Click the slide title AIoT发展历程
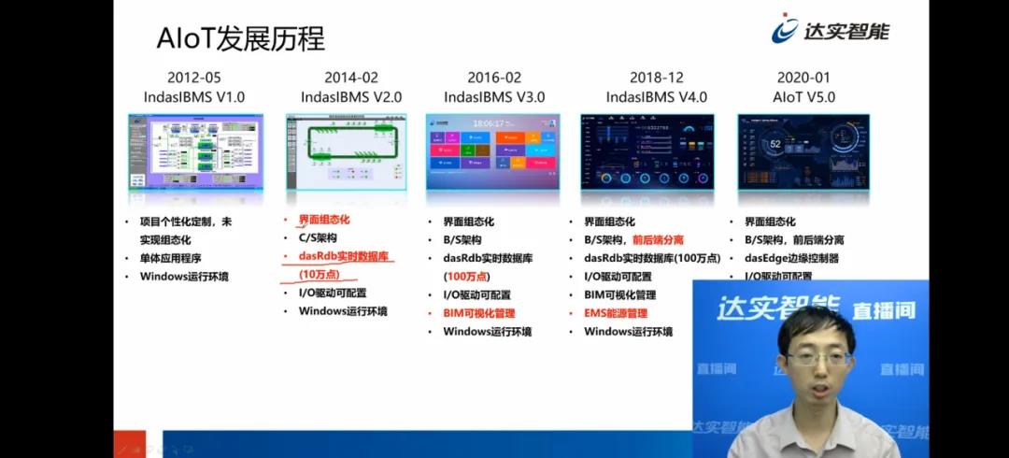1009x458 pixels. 240,38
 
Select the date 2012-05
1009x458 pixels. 194,78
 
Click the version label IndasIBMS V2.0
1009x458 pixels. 350,96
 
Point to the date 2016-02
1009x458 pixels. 494,78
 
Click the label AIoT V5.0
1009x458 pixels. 803,96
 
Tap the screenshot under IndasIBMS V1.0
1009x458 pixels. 195,151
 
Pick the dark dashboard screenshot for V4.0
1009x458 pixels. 647,151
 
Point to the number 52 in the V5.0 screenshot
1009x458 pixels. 775,144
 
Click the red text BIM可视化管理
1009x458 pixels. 478,313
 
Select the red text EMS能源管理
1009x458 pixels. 615,313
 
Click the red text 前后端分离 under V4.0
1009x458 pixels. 658,239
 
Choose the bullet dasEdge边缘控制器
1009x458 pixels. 791,258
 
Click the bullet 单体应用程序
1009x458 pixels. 171,258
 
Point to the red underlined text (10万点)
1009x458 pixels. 319,275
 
